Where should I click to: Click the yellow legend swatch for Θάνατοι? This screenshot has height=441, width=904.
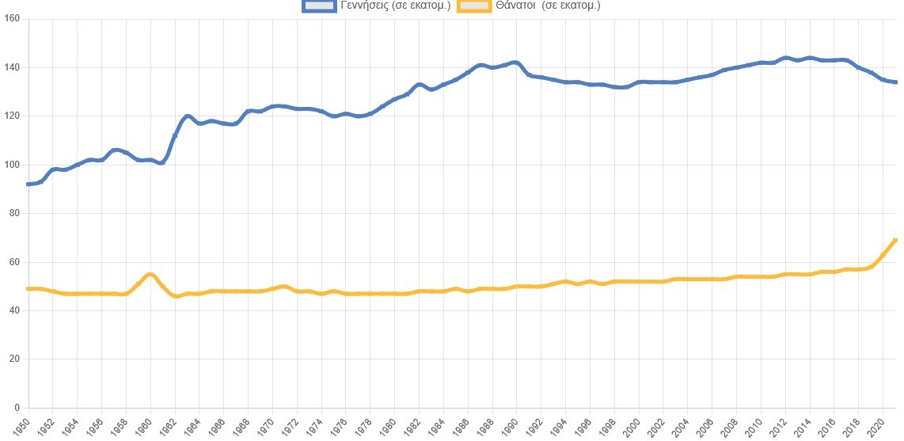pos(477,6)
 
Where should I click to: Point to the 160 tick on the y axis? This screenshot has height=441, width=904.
pos(13,19)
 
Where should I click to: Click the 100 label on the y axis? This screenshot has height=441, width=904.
pos(13,165)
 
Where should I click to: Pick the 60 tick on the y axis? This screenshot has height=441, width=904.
pos(16,262)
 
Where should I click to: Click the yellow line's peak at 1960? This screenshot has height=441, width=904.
pos(150,274)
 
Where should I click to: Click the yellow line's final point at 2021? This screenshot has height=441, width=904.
pos(895,240)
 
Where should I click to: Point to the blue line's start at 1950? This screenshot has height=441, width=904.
pos(28,184)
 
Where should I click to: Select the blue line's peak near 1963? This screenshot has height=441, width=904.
pos(187,116)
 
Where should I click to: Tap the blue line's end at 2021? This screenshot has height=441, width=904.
pos(895,82)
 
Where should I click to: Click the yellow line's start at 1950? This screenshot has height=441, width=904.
pos(28,289)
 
